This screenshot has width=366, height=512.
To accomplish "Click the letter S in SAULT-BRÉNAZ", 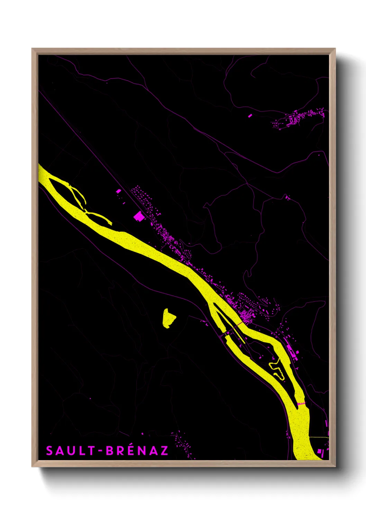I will click(49, 451).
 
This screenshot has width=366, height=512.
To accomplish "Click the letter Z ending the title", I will click(164, 451).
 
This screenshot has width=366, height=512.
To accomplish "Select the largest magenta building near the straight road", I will click(139, 216).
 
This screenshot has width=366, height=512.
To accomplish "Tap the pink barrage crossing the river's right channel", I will click(301, 403).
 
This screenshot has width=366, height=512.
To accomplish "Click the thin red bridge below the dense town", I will click(239, 324).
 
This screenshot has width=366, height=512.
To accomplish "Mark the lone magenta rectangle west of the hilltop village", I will click(250, 116).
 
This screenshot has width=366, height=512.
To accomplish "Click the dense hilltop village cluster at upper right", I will click(301, 118).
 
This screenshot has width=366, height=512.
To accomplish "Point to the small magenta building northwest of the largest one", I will click(118, 191).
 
